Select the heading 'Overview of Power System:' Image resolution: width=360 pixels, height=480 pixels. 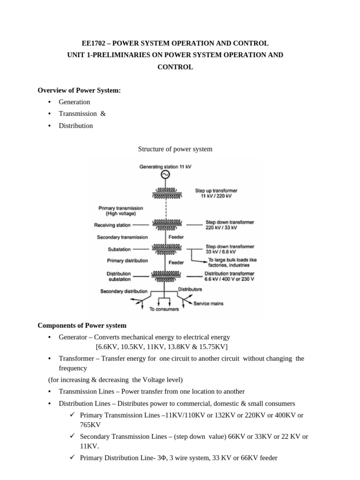[x=79, y=90]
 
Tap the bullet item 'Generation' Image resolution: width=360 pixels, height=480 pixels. [x=74, y=102]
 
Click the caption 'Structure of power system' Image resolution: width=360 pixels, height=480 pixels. [x=175, y=149]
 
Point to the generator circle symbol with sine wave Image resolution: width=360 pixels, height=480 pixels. [x=165, y=175]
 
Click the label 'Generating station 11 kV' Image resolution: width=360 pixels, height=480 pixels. [x=165, y=166]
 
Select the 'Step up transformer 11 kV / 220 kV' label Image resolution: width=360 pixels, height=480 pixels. [x=216, y=194]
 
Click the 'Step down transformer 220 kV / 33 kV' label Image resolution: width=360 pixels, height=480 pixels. [x=230, y=225]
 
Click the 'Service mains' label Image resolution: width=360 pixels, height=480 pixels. [x=209, y=304]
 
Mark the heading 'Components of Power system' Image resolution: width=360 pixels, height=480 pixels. [x=82, y=325]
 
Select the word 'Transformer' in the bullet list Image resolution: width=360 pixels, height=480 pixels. [x=75, y=359]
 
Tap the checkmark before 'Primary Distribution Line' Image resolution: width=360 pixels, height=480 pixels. [x=73, y=457]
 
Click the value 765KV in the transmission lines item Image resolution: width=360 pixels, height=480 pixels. [x=90, y=425]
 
